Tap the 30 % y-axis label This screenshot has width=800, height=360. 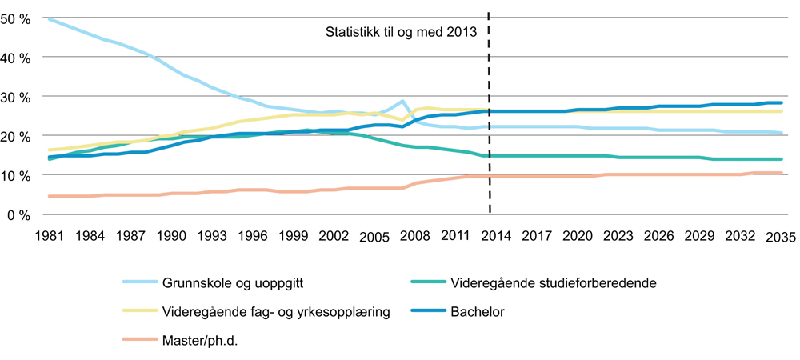pos(18,97)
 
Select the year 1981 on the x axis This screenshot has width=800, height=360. pos(49,237)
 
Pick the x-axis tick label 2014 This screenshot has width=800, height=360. pos(496,237)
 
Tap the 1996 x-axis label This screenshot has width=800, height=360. pos(252,237)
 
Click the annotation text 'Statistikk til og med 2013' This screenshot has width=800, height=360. pos(400,33)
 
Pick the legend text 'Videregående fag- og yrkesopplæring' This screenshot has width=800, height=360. pos(276,311)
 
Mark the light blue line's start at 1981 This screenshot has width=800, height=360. pos(49,18)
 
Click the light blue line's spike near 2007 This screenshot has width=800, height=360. pos(402,102)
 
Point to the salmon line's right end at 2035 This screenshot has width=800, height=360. pos(781,174)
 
